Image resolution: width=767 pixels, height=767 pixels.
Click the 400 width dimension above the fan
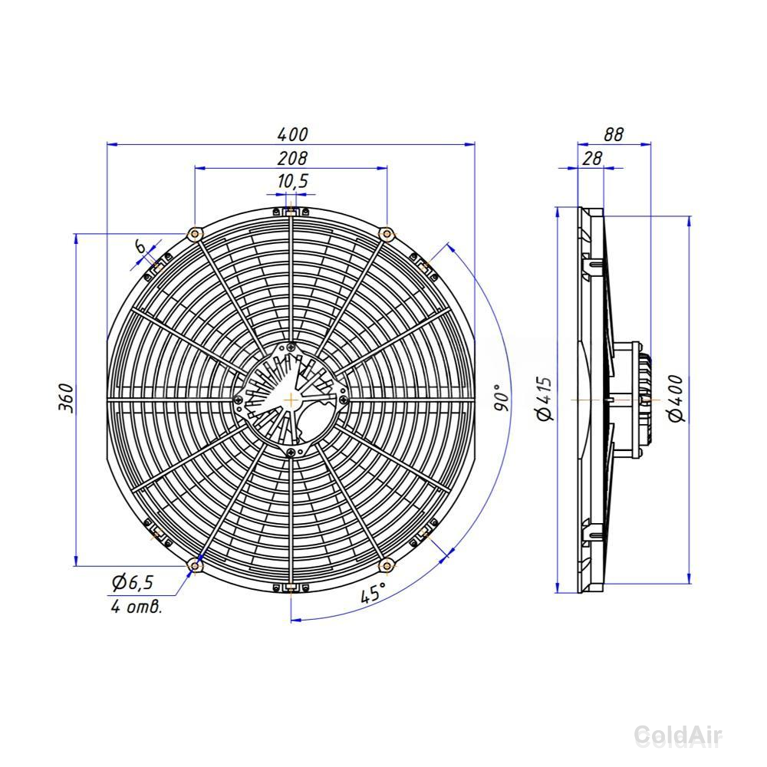point(292,134)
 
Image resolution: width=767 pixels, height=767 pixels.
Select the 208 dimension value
point(292,158)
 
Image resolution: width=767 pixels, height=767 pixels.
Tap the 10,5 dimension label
point(292,181)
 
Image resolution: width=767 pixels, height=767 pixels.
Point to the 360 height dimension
point(67,399)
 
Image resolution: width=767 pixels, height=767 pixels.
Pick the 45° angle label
point(373,593)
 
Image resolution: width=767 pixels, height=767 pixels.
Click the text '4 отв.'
point(136,607)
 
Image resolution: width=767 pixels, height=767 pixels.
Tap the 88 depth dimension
point(614,134)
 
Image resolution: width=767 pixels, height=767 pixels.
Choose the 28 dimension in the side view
point(592,158)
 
